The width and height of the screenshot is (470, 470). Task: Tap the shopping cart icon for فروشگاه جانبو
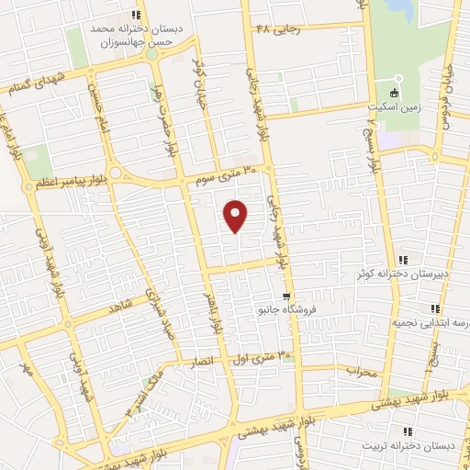[286, 296]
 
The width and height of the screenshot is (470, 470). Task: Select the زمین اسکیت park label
[396, 106]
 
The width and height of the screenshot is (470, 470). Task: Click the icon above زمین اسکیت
[396, 93]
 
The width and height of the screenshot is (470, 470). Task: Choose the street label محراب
[362, 371]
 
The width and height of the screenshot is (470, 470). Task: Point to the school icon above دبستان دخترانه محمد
[136, 15]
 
